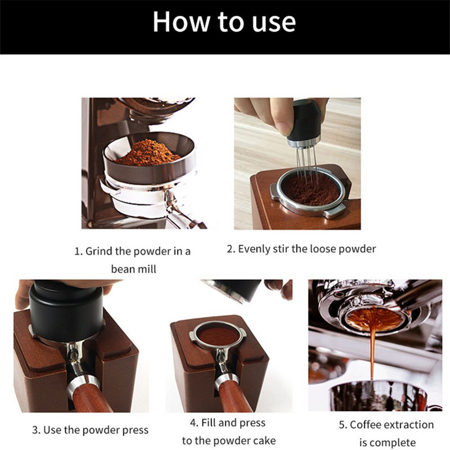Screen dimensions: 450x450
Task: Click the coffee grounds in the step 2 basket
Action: pos(310,189)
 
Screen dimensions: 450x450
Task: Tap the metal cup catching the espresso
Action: pos(378,395)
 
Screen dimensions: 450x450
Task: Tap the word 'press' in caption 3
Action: pos(136,430)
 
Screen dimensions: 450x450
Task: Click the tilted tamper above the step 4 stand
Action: pos(232,290)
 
